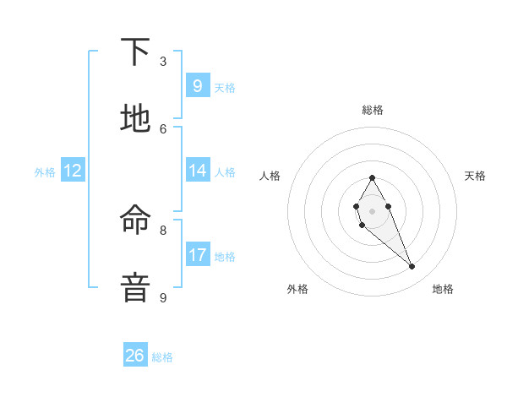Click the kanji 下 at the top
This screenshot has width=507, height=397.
135,52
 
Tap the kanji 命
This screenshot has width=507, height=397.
135,221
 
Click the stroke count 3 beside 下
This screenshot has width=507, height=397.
163,61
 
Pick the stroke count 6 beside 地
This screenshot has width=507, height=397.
163,128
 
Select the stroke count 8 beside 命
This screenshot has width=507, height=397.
163,230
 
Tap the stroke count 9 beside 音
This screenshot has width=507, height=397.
163,297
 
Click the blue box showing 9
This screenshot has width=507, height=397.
197,85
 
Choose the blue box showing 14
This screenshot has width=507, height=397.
197,171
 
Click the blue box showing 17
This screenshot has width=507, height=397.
197,255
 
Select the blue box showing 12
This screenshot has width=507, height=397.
73,171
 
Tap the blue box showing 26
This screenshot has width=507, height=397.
135,356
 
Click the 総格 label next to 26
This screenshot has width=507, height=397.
162,357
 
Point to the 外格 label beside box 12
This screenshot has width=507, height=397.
45,172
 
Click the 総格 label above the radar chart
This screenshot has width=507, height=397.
372,110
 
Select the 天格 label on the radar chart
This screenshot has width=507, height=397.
475,176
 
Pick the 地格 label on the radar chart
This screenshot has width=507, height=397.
443,289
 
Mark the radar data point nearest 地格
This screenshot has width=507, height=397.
412,267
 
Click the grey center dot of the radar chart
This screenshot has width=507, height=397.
372,210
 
